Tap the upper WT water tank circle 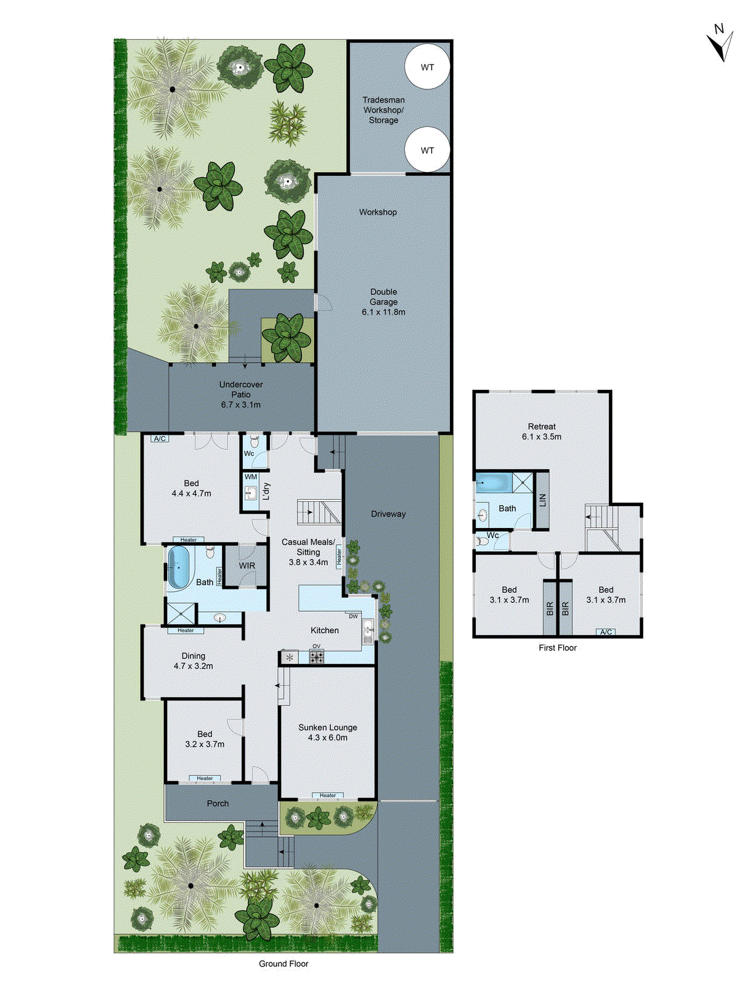click(427, 68)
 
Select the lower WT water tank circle click(427, 150)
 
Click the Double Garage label click(384, 302)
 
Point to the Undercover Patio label click(241, 394)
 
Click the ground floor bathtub click(178, 567)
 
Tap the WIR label click(247, 566)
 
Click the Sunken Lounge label click(327, 732)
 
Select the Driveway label click(388, 514)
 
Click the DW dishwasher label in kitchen click(354, 616)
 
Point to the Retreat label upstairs click(541, 431)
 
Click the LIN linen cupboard click(543, 500)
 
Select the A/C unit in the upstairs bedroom click(606, 632)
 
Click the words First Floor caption click(558, 648)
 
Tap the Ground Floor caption click(284, 963)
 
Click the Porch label click(218, 803)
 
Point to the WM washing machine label click(251, 477)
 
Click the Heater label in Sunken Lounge click(328, 795)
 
